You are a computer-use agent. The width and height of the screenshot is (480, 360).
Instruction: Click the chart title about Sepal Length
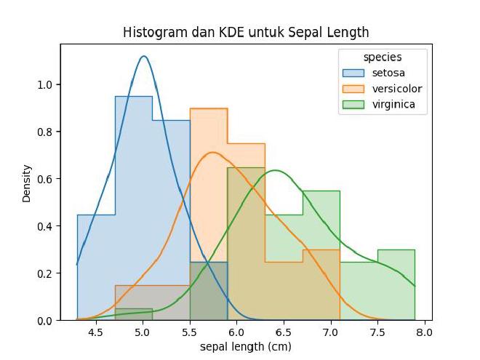click(x=246, y=33)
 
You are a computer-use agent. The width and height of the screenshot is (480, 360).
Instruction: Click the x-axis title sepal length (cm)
click(x=246, y=347)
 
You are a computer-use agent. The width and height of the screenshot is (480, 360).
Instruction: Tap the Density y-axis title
click(x=27, y=183)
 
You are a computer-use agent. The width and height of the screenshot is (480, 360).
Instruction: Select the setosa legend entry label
click(x=389, y=73)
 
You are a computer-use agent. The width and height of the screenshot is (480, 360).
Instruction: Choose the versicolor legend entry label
click(x=397, y=89)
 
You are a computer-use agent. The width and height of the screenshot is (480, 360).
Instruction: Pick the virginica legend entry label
click(x=393, y=105)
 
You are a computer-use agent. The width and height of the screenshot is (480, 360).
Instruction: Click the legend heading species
click(x=383, y=57)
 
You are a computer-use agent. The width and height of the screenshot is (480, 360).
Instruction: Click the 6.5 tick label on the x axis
click(x=284, y=332)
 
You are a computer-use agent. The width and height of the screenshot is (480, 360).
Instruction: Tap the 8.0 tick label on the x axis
click(x=425, y=332)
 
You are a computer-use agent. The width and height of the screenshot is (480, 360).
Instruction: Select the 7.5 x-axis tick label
click(x=377, y=332)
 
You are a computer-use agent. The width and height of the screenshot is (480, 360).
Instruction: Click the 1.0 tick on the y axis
click(x=46, y=84)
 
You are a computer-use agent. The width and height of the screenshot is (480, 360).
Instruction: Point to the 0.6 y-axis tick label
click(x=46, y=179)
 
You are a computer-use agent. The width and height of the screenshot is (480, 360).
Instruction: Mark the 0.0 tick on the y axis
click(x=46, y=320)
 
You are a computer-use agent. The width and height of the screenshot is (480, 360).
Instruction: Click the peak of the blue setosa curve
click(x=144, y=56)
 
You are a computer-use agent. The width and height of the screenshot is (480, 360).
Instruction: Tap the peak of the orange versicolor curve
click(x=212, y=153)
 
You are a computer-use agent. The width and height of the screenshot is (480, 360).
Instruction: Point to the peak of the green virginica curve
click(x=276, y=171)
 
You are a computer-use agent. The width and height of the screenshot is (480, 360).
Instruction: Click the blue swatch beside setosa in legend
click(x=354, y=73)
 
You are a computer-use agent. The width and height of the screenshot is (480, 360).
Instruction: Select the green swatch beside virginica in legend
click(x=354, y=105)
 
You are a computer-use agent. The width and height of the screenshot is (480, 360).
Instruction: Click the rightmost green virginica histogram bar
click(x=396, y=284)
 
